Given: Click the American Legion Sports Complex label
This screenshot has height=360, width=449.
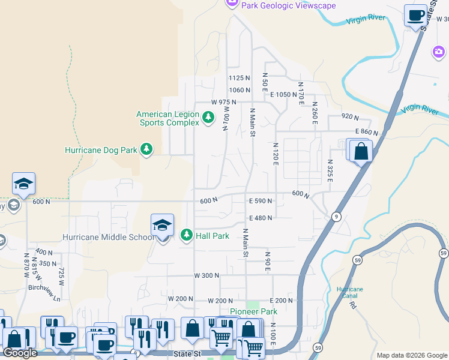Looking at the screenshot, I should click(168, 118).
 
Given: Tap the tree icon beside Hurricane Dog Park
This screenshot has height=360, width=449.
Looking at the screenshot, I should click(146, 149).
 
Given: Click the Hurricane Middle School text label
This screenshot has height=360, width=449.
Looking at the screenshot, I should click(109, 237).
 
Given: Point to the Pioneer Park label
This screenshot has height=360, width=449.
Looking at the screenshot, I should click(254, 312).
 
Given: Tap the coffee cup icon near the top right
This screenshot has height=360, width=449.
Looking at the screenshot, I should click(415, 16).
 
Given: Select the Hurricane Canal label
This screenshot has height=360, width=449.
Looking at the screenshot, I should click(349, 292).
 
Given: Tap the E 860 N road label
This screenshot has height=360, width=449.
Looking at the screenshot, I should click(366, 132).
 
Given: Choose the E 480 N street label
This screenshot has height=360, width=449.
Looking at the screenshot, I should click(260, 218).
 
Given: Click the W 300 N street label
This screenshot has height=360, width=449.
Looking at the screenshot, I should click(206, 275).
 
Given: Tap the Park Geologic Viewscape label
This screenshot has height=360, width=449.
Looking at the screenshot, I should click(288, 5).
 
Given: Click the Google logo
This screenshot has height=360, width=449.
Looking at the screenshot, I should click(20, 353).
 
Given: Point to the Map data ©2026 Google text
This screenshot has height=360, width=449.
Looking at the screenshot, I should click(411, 355).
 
